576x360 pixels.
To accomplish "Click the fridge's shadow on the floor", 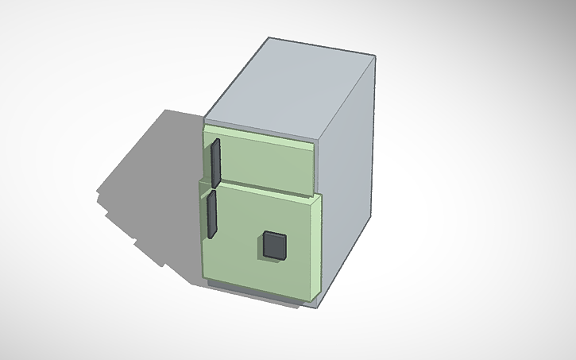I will click(155, 183).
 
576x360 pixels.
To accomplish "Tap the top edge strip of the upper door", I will click(258, 133).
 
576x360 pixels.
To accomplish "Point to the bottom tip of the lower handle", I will click(211, 236).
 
